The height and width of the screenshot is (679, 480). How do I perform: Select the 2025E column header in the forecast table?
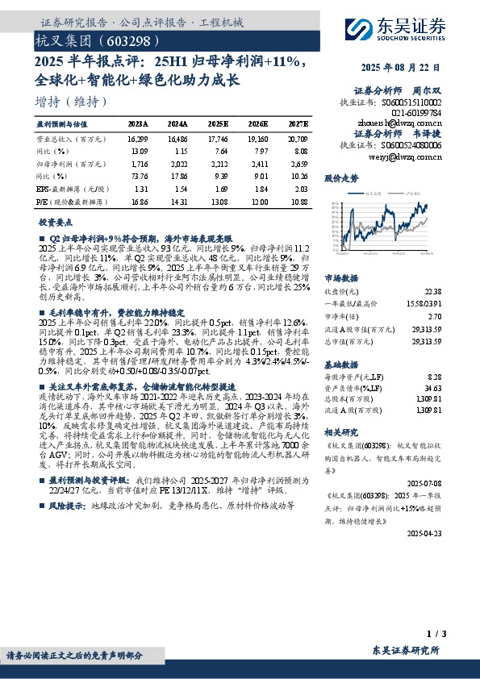coord(217,124)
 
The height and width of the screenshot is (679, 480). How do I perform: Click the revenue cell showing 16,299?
coord(137,139)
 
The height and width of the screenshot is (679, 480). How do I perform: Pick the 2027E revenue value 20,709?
coord(297,139)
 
